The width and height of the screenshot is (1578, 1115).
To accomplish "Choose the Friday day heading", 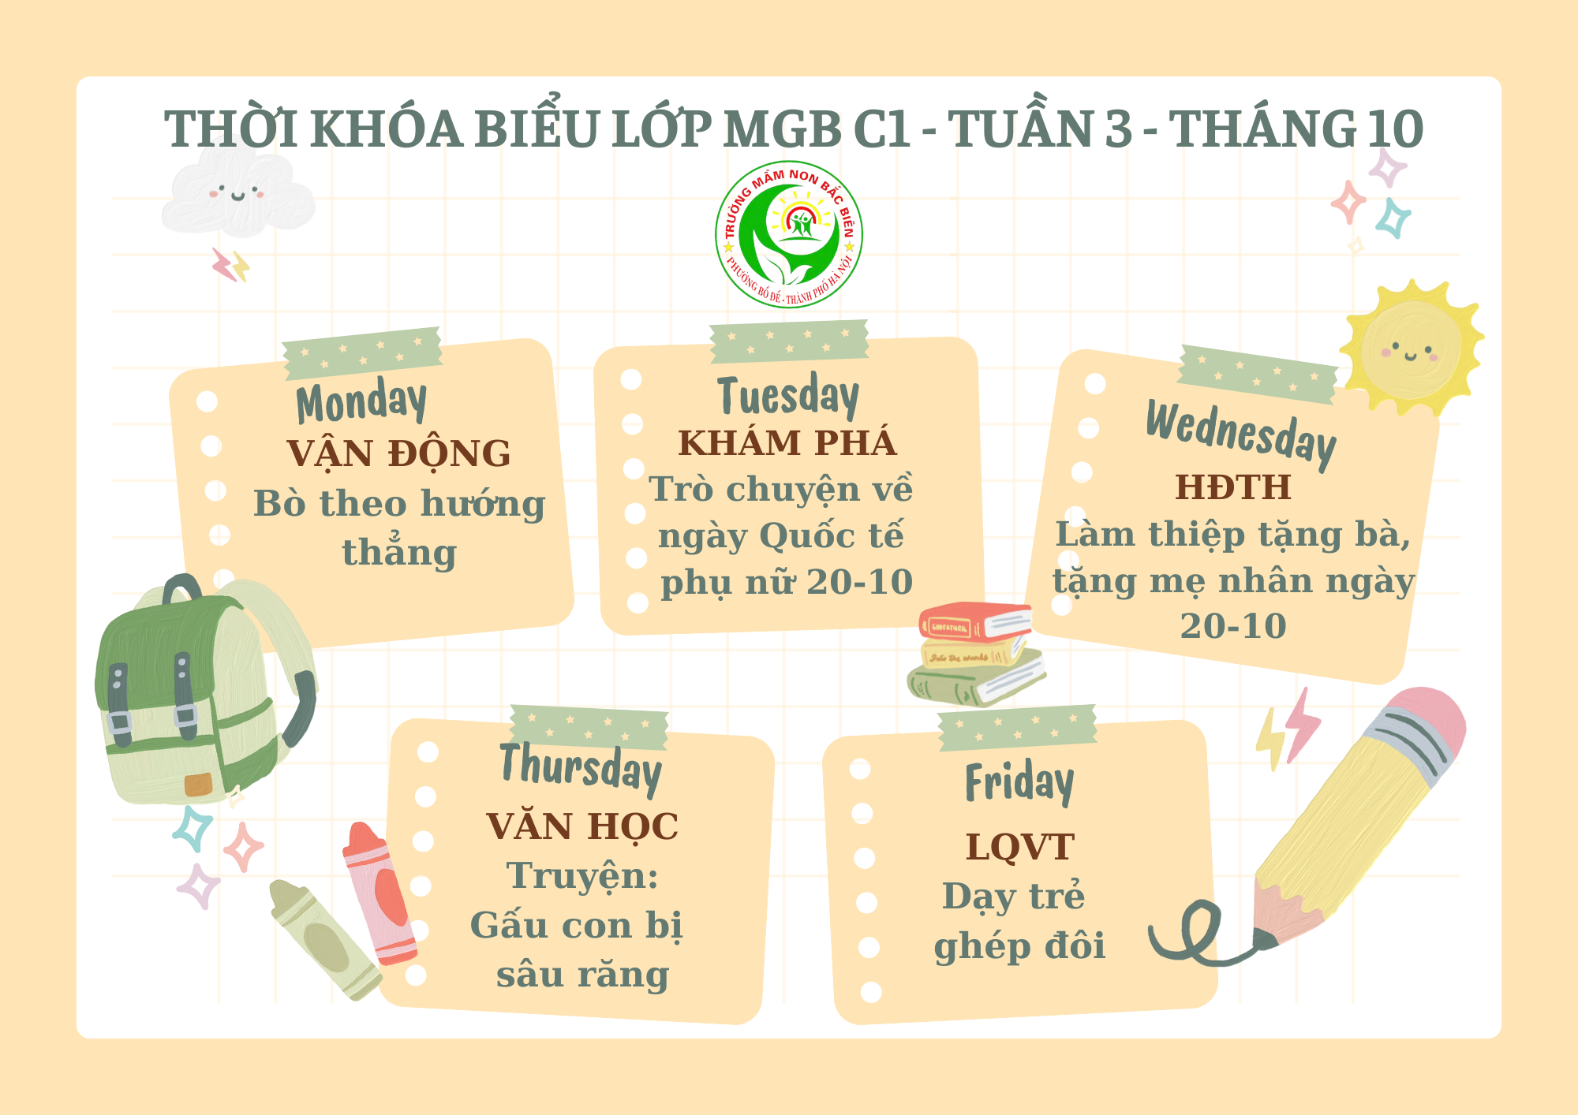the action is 1019,782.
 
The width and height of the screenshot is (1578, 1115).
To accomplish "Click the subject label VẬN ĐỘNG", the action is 398,453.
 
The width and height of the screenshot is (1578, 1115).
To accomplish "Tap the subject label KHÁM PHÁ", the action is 787,442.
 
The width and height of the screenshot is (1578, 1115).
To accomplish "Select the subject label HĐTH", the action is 1233,487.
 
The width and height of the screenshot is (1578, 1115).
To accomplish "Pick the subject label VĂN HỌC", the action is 582,826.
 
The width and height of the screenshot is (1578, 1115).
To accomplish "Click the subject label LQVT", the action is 1020,848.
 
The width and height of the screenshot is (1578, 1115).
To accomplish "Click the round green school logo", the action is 789,234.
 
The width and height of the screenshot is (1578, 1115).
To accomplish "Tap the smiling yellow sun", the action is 1411,348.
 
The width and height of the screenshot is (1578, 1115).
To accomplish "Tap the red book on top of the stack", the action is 975,621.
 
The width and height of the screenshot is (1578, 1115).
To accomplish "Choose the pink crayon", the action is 379,893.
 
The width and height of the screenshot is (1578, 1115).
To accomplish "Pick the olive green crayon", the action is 324,939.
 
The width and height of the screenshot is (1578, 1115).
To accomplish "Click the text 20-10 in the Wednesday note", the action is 1233,626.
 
